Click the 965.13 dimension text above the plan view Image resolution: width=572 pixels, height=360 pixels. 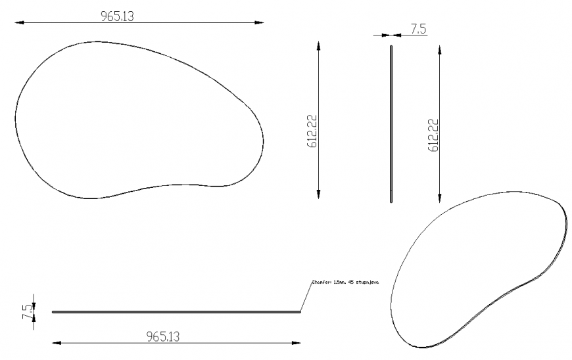coord(117,16)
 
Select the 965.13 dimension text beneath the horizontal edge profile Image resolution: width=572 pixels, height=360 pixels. coord(162,336)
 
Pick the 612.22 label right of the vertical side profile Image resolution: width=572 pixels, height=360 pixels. coord(433,135)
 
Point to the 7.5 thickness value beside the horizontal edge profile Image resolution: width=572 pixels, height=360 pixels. coord(27,311)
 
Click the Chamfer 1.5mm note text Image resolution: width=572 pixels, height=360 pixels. coord(347,282)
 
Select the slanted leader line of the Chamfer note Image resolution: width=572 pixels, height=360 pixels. coord(305,296)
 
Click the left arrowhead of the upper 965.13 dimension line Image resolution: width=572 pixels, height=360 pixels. coord(18,23)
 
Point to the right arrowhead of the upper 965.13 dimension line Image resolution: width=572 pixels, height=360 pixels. coord(260,23)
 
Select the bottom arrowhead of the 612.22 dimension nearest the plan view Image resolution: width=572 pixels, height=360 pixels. coord(319,193)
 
